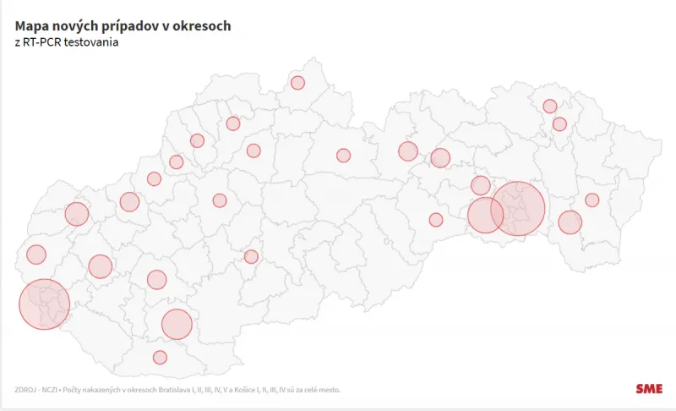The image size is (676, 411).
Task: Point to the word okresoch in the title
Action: pos(202,26)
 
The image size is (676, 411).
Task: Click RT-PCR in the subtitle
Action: pos(52,42)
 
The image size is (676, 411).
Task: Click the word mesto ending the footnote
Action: pos(330,390)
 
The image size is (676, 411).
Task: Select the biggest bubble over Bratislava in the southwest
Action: pos(44,304)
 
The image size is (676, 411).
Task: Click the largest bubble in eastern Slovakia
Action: pos(517,208)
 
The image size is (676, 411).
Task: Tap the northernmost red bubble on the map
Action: pos(297,82)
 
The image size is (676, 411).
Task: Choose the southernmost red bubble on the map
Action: pos(160,357)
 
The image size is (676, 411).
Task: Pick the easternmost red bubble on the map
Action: pos(591,200)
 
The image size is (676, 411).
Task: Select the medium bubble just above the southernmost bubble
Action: pos(177,324)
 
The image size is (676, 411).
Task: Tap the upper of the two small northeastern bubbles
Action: pos(549,106)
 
